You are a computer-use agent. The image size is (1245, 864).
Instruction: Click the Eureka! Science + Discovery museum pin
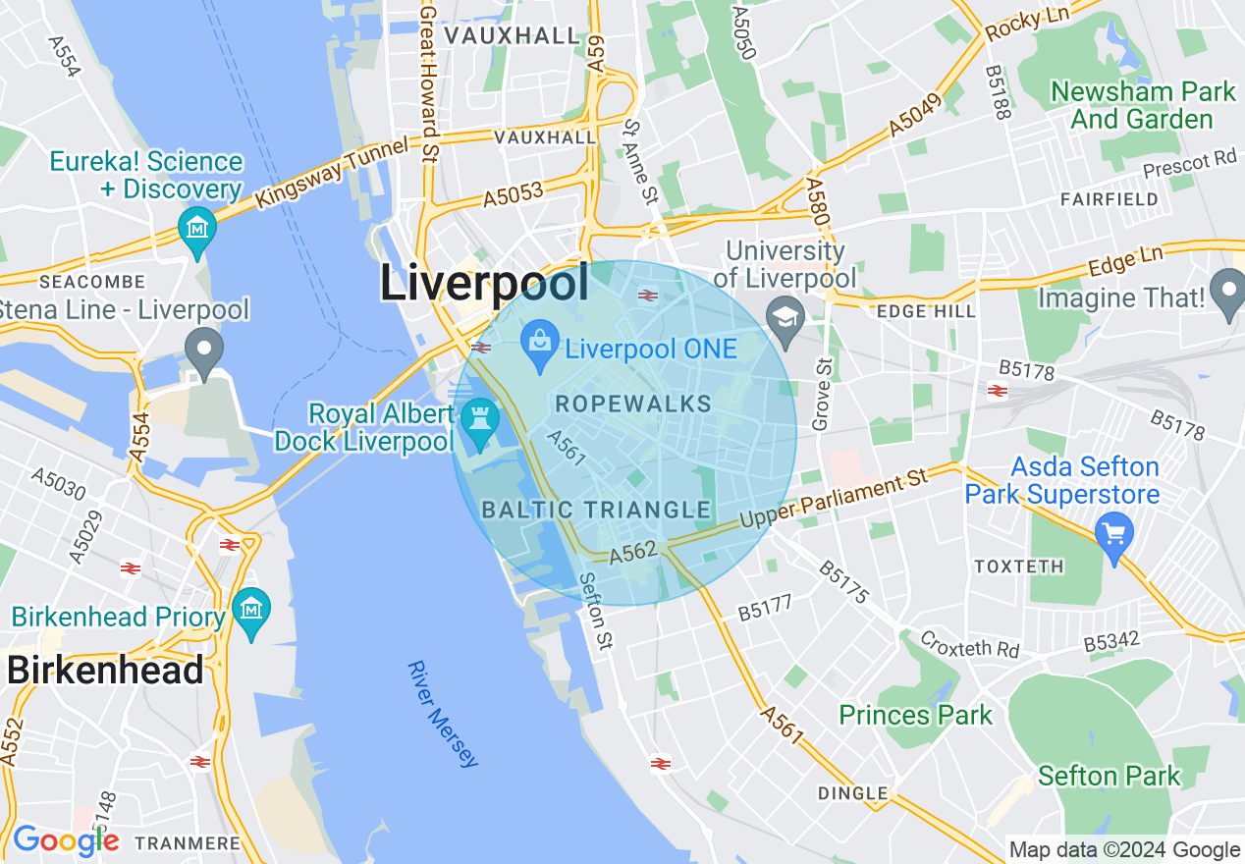click(x=197, y=229)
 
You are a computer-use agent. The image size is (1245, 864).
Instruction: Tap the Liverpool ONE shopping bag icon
click(x=539, y=344)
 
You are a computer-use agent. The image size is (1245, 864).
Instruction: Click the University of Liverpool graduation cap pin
click(x=785, y=317)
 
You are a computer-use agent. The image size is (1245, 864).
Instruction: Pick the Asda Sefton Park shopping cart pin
click(x=1114, y=535)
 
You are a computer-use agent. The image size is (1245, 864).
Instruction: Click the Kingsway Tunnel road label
click(x=331, y=173)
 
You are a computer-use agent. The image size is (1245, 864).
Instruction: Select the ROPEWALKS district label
click(x=633, y=404)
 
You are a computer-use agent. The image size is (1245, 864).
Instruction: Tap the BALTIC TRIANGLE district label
click(x=596, y=510)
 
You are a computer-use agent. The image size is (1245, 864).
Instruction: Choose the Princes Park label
click(x=915, y=715)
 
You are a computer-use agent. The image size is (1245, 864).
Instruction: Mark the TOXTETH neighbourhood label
click(x=1018, y=567)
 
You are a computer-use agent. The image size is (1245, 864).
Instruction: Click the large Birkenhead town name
click(x=105, y=671)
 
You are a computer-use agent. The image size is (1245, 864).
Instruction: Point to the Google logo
click(x=66, y=841)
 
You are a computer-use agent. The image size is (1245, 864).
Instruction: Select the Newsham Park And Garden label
click(x=1143, y=106)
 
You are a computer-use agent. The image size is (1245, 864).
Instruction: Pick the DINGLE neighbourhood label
click(x=853, y=792)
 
